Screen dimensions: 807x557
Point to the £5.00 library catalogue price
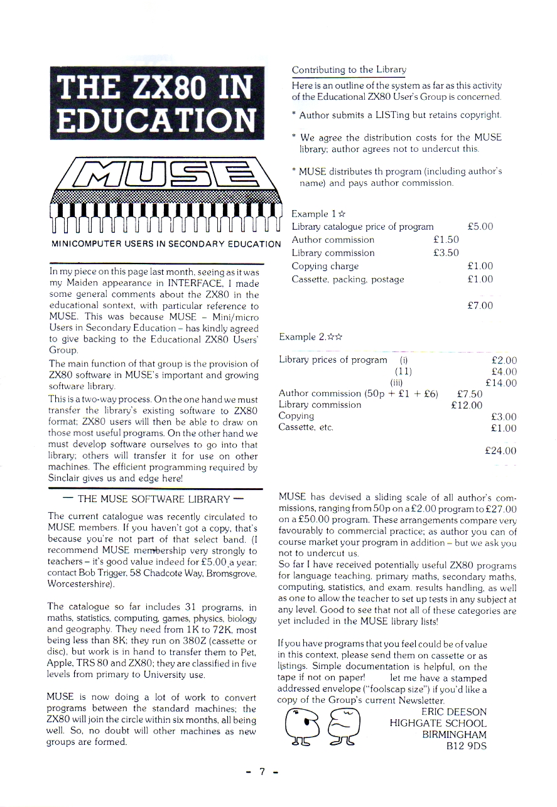click(x=480, y=227)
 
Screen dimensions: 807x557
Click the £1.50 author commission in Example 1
click(x=446, y=240)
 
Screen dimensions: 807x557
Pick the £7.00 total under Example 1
click(x=480, y=306)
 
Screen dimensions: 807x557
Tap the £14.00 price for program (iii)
click(x=501, y=383)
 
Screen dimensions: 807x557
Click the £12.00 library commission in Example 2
click(x=467, y=405)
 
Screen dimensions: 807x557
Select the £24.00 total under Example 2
click(x=501, y=451)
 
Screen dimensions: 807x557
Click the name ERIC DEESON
click(x=454, y=712)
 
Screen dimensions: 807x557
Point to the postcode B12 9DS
click(x=467, y=746)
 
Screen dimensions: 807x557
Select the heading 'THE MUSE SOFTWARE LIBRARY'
click(x=153, y=500)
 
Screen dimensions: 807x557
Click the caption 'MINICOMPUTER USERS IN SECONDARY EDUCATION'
click(x=165, y=243)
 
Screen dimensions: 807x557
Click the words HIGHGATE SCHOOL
click(x=438, y=723)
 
